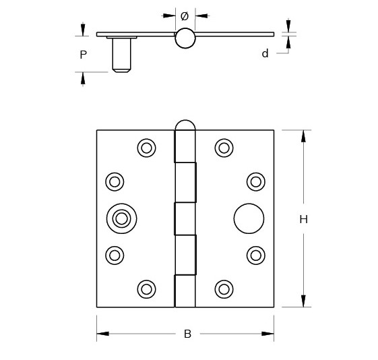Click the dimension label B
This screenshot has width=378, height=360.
pyautogui.click(x=187, y=334)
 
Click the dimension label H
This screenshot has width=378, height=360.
pyautogui.click(x=303, y=219)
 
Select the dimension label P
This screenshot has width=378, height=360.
pyautogui.click(x=83, y=55)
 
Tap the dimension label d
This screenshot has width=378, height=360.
pyautogui.click(x=265, y=53)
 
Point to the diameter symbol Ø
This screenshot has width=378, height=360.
pyautogui.click(x=185, y=16)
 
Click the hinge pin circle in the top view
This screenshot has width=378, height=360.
pyautogui.click(x=185, y=39)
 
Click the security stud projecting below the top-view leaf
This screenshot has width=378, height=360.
pyautogui.click(x=121, y=55)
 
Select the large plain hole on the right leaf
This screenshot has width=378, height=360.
pyautogui.click(x=249, y=218)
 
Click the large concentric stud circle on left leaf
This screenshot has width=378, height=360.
pyautogui.click(x=121, y=218)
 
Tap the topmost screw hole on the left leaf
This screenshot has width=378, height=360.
pyautogui.click(x=146, y=148)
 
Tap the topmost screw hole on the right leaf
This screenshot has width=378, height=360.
pyautogui.click(x=224, y=148)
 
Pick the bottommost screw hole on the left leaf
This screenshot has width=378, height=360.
pyautogui.click(x=146, y=289)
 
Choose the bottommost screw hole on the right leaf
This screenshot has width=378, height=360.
pyautogui.click(x=224, y=289)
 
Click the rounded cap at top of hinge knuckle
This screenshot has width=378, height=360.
pyautogui.click(x=185, y=125)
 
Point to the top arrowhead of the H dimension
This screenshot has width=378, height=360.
pyautogui.click(x=303, y=136)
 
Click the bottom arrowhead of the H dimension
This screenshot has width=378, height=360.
pyautogui.click(x=303, y=301)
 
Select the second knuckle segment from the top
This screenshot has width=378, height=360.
pyautogui.click(x=186, y=182)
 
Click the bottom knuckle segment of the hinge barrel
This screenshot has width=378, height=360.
pyautogui.click(x=185, y=291)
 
